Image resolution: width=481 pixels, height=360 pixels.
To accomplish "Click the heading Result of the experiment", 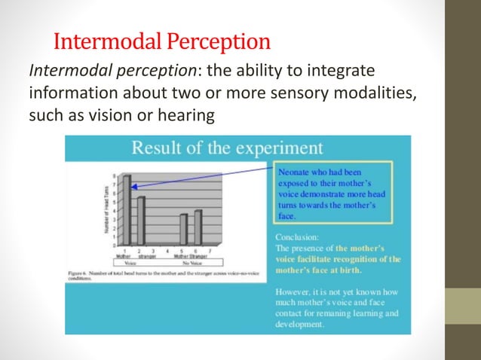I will coord(228,148).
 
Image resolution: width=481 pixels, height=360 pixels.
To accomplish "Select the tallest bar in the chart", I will coord(127,210).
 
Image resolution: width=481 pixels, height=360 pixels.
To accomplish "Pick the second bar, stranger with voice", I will coord(140,221).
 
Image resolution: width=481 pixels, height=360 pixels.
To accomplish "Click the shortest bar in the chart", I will coord(183,229).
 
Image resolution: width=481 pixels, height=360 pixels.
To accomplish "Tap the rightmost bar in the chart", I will coord(198,227).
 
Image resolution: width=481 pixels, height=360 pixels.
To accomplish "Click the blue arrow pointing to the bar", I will coord(204,178).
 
